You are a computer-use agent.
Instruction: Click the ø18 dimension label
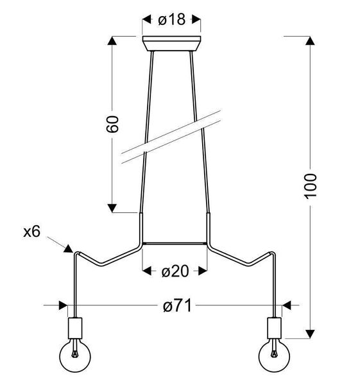point(171,20)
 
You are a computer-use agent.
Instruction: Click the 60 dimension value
point(112,124)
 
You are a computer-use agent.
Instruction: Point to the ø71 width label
point(176,307)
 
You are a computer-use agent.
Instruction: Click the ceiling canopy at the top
point(171,44)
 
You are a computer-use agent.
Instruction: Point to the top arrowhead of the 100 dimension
point(311,40)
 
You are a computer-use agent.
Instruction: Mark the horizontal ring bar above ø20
point(174,243)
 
